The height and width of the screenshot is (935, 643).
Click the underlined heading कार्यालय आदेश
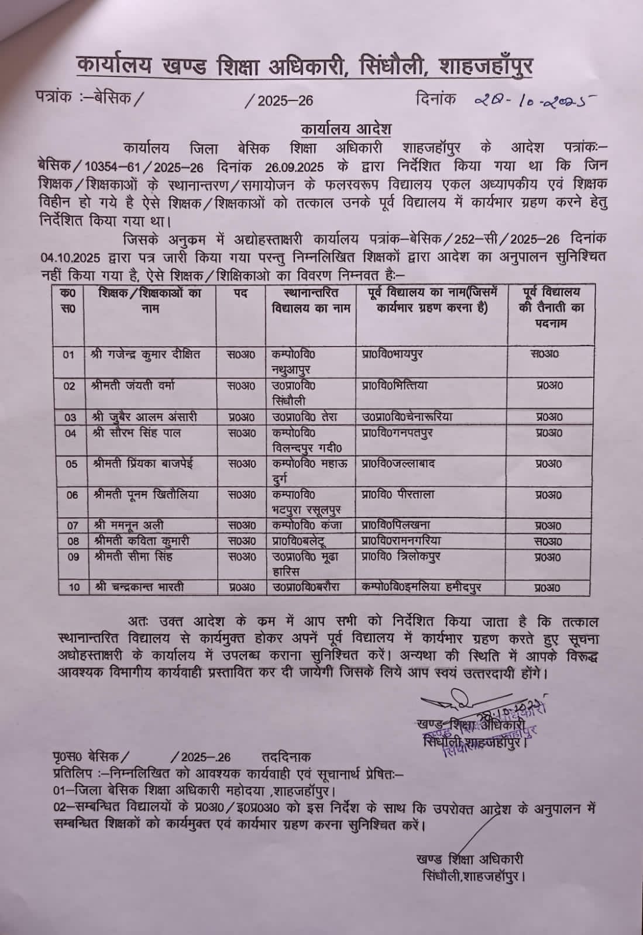click(x=346, y=128)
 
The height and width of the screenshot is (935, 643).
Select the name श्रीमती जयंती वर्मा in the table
click(x=134, y=386)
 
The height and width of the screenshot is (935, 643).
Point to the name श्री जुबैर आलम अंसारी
click(x=145, y=417)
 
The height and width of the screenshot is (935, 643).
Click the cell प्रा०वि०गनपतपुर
click(x=398, y=433)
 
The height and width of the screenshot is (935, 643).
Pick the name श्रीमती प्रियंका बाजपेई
click(x=143, y=464)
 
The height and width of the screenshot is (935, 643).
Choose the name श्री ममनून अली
click(x=128, y=525)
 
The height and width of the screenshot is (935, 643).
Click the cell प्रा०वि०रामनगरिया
click(x=401, y=541)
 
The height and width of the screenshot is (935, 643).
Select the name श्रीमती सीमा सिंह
click(x=133, y=556)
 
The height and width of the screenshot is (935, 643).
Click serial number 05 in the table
click(x=71, y=464)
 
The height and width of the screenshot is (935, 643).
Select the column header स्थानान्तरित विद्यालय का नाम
click(x=310, y=300)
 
